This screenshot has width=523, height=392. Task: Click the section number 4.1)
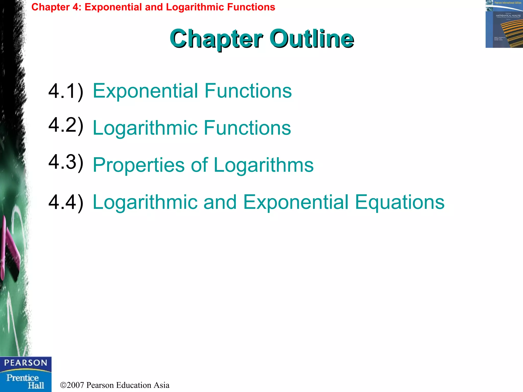[66, 91]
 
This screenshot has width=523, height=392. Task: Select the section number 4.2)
[66, 125]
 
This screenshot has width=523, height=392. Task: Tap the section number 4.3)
[66, 162]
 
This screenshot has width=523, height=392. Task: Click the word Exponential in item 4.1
[145, 91]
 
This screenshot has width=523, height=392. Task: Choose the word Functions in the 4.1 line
[248, 91]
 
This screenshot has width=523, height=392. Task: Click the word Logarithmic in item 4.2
[145, 128]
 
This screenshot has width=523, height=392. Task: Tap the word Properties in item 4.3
[138, 165]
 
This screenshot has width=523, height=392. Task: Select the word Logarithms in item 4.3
[264, 165]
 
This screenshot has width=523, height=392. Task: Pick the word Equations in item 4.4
[400, 202]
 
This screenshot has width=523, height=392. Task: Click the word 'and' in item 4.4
[220, 202]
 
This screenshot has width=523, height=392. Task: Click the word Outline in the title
[312, 39]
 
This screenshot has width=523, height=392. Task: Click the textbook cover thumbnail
[504, 24]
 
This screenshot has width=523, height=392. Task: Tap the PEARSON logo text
[26, 363]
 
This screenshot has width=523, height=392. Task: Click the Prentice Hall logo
[26, 381]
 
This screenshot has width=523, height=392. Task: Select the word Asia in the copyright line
[161, 385]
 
